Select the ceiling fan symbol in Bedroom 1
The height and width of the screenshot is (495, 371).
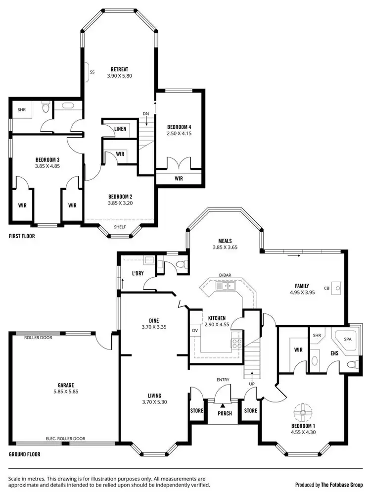[302, 412]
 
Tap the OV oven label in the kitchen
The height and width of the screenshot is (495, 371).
[194, 330]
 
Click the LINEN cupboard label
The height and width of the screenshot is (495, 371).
[120, 129]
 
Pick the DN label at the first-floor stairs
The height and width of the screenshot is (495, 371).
[146, 114]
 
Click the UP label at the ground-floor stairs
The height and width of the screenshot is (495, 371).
[251, 384]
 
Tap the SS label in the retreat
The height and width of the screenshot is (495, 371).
[92, 72]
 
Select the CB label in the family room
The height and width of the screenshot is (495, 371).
[326, 288]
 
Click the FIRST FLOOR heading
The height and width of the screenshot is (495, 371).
[22, 236]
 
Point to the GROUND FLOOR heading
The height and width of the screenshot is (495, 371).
[25, 454]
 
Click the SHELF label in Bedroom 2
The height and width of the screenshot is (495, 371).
[120, 227]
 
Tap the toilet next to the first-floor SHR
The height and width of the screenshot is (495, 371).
[46, 106]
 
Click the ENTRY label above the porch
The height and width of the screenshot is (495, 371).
[223, 380]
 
